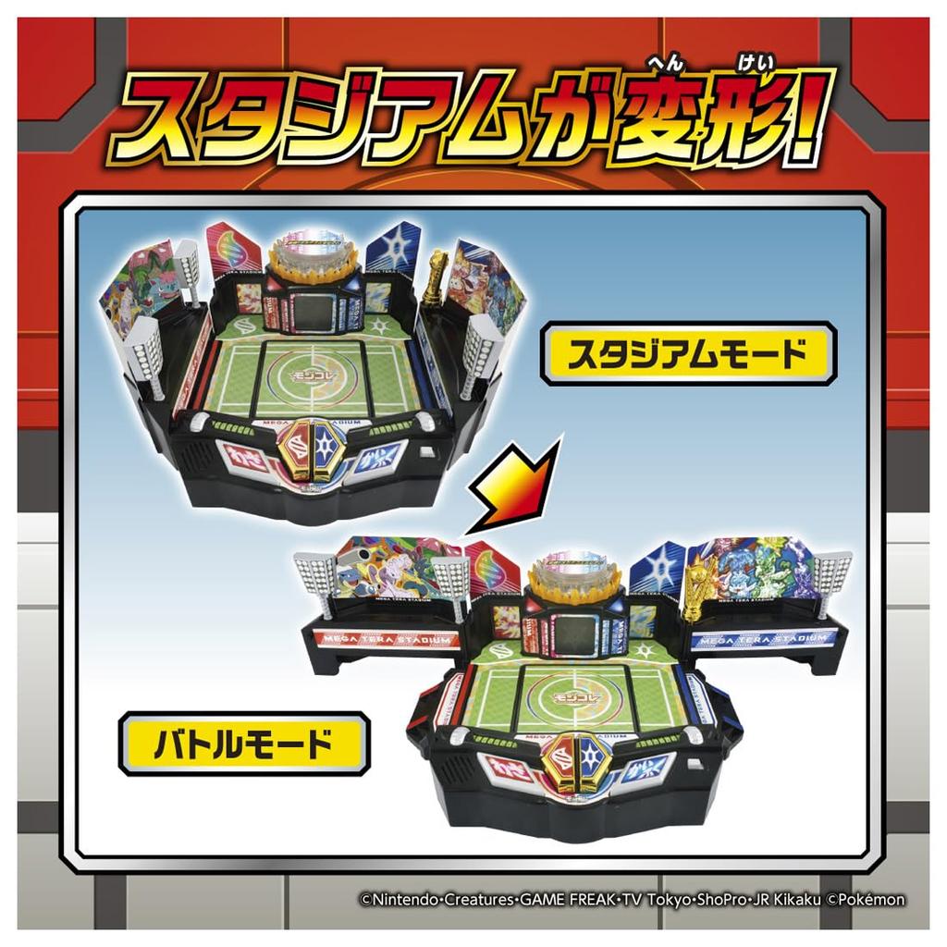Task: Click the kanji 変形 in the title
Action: [703, 123]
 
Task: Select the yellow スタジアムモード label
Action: [688, 354]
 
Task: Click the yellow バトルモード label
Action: [243, 743]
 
